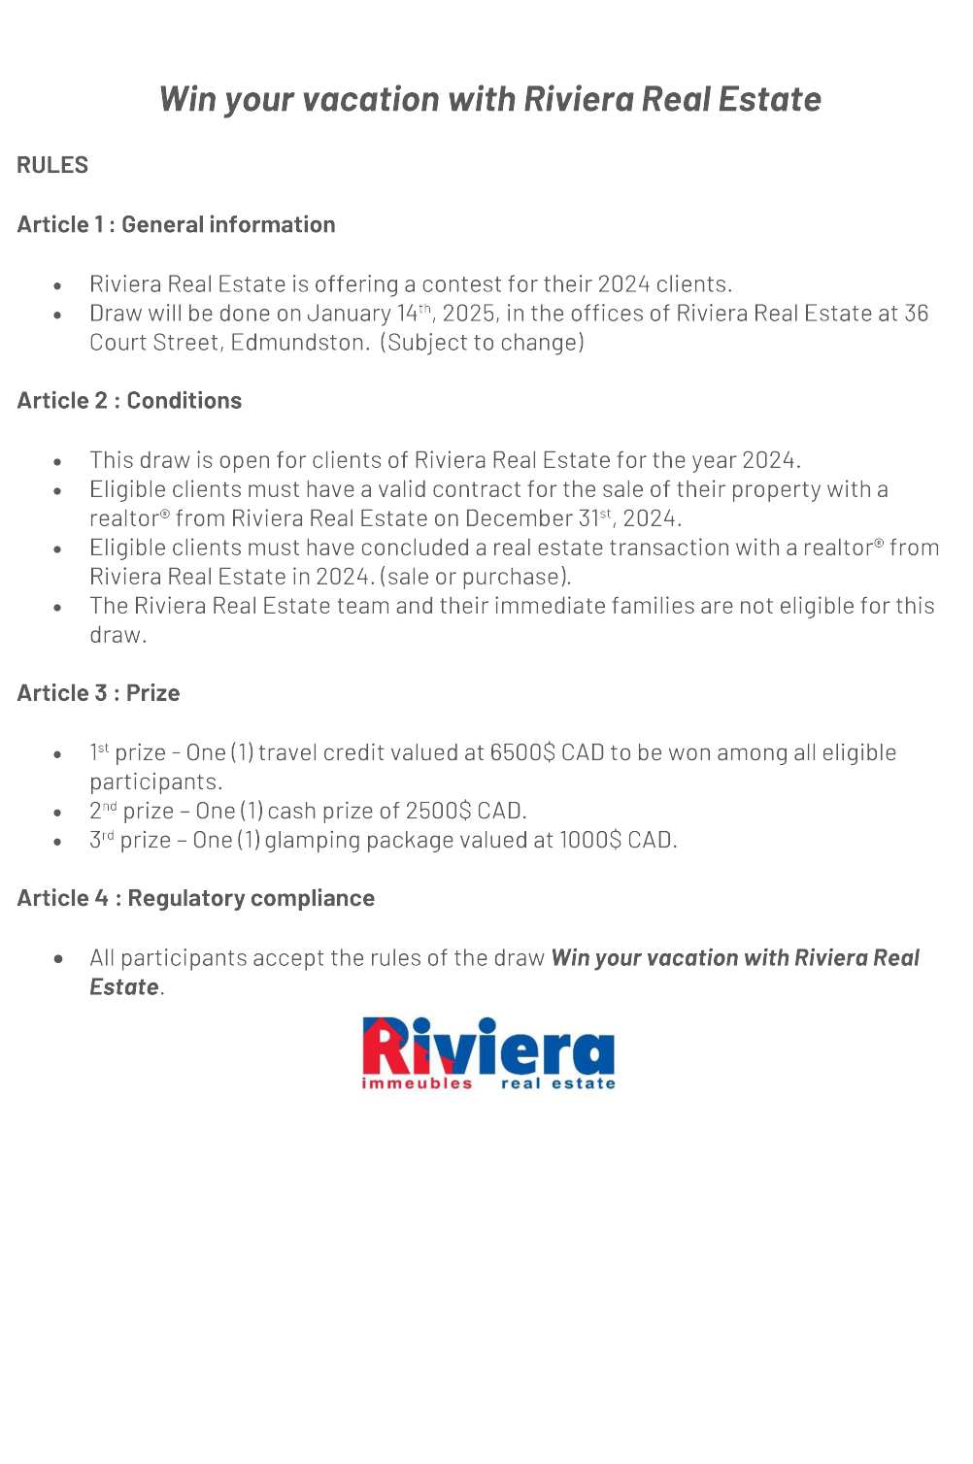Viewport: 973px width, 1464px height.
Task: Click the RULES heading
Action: (52, 165)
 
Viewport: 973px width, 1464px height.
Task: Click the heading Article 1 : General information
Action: (176, 224)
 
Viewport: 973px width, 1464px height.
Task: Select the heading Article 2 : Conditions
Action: (129, 400)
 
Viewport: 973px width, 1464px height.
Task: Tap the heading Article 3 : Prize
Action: (98, 692)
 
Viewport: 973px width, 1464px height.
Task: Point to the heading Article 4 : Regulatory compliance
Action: (195, 898)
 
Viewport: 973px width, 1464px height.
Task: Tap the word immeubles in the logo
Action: (417, 1083)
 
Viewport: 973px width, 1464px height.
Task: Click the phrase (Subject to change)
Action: (483, 343)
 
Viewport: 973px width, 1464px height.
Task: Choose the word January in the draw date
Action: (349, 314)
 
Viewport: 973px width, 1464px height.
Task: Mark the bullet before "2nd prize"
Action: (58, 813)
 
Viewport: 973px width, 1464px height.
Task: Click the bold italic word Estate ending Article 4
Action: (124, 986)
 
